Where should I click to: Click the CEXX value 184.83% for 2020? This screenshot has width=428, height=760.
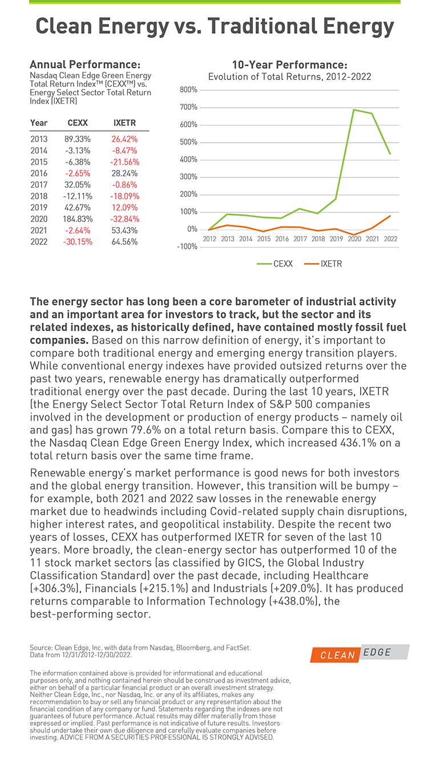[x=80, y=219]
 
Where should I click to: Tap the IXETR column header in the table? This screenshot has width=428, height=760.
[x=124, y=123]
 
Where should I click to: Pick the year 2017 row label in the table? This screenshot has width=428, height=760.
[x=39, y=184]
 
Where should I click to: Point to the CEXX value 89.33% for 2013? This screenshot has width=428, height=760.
[x=80, y=139]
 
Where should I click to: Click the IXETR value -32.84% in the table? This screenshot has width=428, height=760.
[x=124, y=219]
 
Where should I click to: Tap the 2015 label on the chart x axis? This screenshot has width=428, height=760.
[x=264, y=238]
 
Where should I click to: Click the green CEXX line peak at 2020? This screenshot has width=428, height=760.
[x=354, y=110]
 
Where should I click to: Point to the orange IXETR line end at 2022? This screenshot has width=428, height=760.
[x=390, y=216]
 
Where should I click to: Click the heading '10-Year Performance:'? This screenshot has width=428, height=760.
[x=289, y=64]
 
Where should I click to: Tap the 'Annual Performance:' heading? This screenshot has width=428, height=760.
[x=85, y=64]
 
